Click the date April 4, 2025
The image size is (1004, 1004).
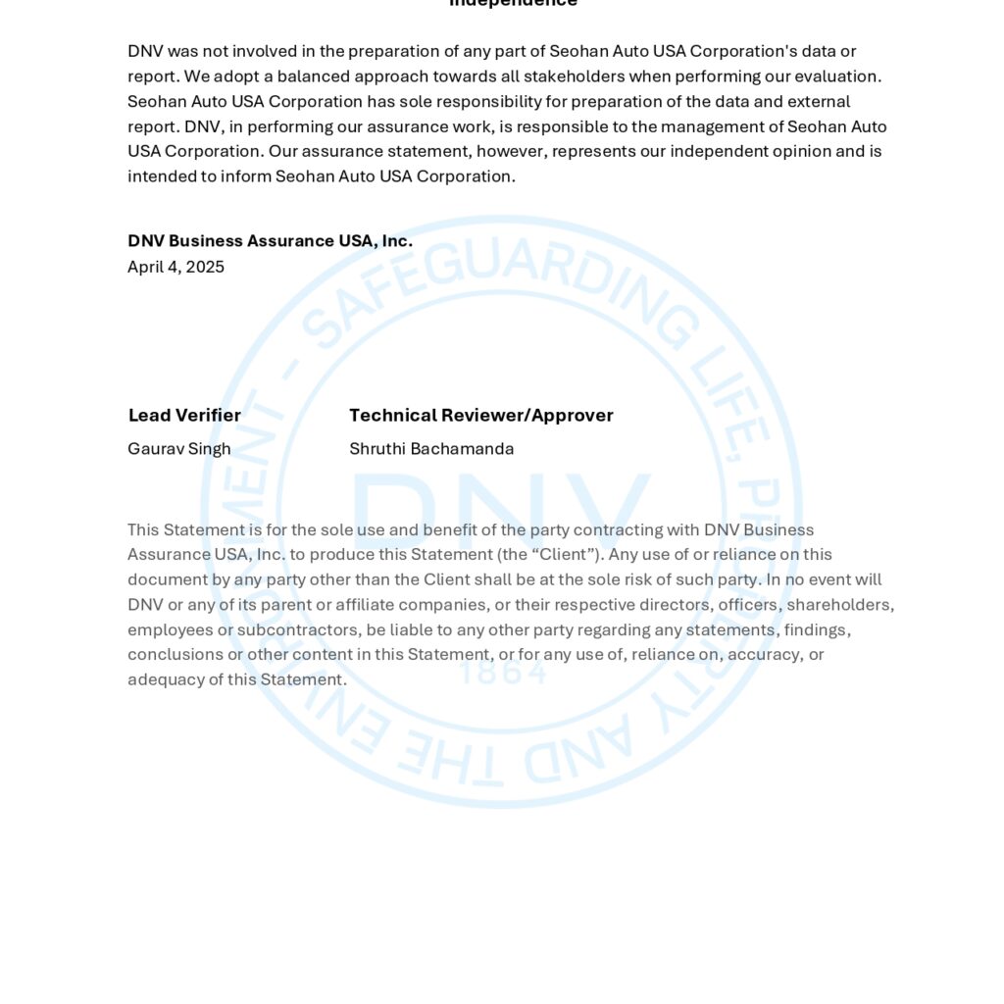176,267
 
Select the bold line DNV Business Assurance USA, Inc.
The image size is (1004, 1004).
270,241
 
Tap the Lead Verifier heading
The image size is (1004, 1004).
184,415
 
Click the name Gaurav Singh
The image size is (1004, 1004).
179,449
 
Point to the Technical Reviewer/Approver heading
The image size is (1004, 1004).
481,415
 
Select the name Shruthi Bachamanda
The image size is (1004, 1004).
431,449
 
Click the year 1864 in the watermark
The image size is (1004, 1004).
502,673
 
